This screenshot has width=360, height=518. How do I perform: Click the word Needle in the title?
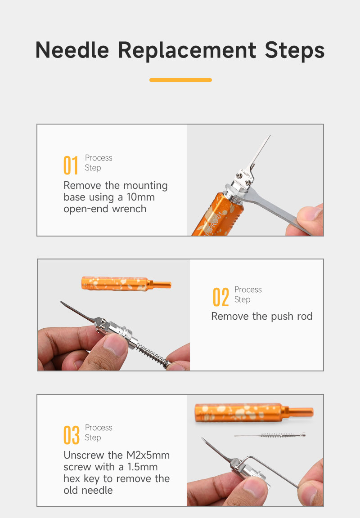point(72,50)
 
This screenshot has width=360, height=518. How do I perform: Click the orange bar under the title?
point(180,80)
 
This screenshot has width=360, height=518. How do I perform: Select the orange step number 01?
point(71,165)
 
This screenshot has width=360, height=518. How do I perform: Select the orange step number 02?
point(221,297)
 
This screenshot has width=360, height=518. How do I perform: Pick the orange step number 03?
point(72,435)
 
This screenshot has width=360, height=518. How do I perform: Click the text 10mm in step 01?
point(140,197)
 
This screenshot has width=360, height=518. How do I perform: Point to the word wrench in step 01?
point(129,209)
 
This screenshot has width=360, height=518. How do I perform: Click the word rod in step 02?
point(305,316)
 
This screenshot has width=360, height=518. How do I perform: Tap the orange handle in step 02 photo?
point(126,284)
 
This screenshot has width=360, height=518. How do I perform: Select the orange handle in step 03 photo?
point(254,413)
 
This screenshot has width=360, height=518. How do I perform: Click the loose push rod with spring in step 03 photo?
point(270,435)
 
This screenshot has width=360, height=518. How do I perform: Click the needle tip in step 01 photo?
point(270,135)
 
